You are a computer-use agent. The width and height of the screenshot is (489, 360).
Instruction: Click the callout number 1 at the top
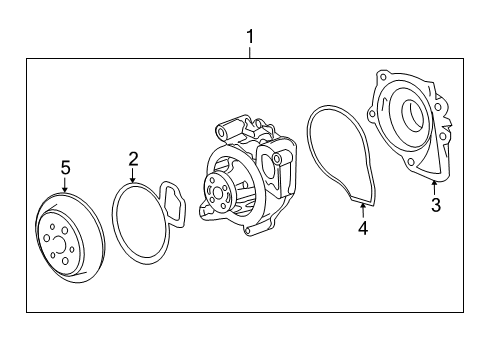tap(251, 37)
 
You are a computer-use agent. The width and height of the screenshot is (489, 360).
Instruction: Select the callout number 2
tap(132, 158)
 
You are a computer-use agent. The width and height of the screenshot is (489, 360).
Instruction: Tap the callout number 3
tap(435, 206)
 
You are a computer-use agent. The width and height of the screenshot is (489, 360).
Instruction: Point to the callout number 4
tap(363, 229)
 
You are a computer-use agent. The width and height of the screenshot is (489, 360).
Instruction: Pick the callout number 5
tap(64, 167)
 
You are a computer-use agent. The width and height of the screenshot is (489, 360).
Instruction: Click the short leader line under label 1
tap(251, 53)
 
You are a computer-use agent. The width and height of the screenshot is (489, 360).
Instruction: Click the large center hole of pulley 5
tap(57, 242)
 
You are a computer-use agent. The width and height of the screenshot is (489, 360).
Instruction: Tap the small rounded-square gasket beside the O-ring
tap(174, 206)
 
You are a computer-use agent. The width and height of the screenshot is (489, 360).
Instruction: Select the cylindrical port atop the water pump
tap(225, 131)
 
